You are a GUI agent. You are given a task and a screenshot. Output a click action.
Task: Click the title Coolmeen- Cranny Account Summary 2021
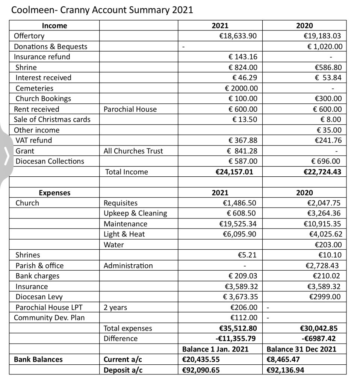[102, 10]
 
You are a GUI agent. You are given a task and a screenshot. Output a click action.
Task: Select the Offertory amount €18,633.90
[238, 36]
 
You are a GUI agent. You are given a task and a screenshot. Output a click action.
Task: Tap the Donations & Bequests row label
[50, 47]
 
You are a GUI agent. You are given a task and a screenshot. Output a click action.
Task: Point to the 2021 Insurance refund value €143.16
[243, 57]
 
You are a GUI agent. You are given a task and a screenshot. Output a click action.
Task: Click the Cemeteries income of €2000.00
[241, 88]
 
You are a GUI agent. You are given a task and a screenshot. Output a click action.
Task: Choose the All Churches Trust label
[133, 151]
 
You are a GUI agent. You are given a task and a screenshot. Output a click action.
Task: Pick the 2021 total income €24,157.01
[234, 172]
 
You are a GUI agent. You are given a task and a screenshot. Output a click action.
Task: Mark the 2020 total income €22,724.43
[322, 172]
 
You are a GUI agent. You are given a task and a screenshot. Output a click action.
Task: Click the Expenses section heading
[54, 193]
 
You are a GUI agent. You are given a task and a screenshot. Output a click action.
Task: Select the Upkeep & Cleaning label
[135, 213]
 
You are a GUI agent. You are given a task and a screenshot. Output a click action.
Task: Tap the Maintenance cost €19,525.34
[238, 224]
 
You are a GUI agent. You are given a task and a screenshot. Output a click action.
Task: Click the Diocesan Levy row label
[37, 297]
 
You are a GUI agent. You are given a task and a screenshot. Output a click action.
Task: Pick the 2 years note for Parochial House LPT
[115, 308]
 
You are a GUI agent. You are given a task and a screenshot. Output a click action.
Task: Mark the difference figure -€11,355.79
[236, 338]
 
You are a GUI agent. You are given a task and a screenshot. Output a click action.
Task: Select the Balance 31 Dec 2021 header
[301, 349]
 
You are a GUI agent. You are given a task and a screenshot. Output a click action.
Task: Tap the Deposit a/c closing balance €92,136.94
[285, 370]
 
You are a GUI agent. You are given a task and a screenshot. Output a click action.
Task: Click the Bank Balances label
[38, 359]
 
